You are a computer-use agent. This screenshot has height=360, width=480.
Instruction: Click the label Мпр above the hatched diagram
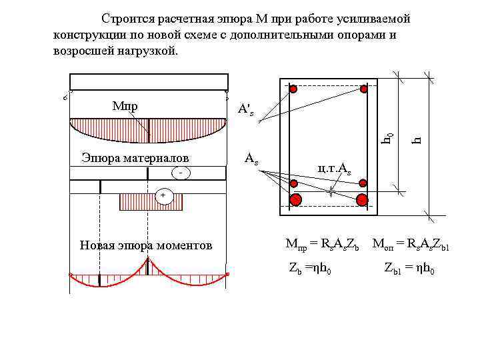[125, 106]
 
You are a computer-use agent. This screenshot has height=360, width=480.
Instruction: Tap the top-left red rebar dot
[293, 89]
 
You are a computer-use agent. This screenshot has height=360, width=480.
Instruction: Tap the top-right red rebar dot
[364, 89]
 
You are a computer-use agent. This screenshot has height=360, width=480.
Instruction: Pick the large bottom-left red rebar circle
[296, 199]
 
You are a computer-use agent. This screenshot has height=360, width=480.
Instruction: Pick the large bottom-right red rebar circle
[363, 199]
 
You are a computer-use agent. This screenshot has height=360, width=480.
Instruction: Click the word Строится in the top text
[127, 18]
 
